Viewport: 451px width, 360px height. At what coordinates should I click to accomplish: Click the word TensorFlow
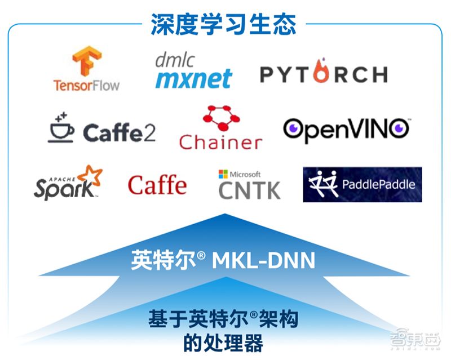pos(86,86)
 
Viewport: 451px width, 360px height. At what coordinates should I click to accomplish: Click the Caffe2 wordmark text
pos(119,133)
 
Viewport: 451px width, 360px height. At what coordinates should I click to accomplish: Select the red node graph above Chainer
pos(219,118)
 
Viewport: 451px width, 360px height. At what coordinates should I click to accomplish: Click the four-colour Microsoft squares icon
pos(223,174)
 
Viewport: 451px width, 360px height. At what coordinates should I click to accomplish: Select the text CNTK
pos(249,190)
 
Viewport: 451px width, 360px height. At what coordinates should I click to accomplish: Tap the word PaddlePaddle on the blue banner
pos(378,184)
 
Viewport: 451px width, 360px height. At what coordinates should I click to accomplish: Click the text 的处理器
pos(223,342)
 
